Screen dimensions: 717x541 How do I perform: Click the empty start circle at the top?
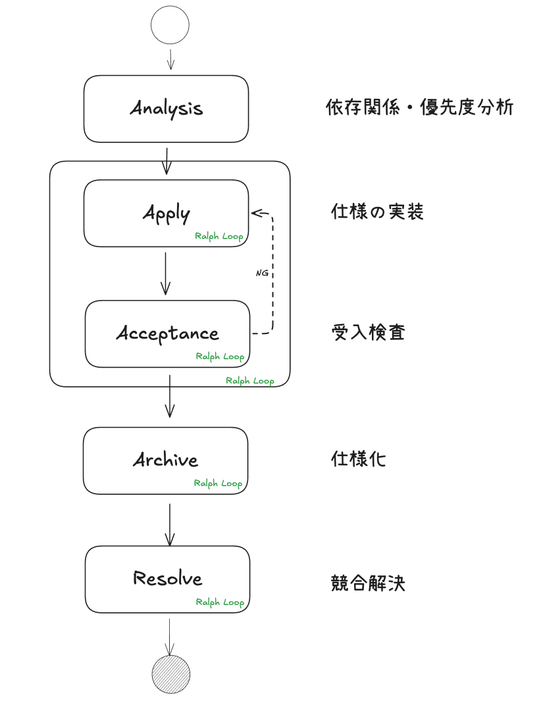[x=170, y=26]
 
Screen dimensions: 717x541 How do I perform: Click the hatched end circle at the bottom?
[x=170, y=675]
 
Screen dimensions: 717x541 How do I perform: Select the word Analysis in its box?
[x=166, y=109]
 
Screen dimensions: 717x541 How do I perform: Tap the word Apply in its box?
[x=167, y=214]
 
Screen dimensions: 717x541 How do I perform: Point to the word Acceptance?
[x=167, y=333]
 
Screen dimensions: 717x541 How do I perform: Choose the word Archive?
[x=165, y=460]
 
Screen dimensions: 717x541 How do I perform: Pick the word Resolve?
[x=167, y=579]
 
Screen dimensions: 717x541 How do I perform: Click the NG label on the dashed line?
[x=261, y=272]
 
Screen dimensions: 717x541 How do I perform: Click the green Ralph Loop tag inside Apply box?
[x=219, y=237]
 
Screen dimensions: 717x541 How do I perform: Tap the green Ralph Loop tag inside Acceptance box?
[x=220, y=357]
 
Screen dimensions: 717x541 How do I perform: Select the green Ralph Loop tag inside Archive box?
[x=218, y=483]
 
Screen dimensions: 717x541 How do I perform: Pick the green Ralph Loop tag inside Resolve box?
[x=220, y=602]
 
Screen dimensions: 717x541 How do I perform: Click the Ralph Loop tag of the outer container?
[x=249, y=381]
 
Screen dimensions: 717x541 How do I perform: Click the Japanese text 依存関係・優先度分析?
[x=419, y=107]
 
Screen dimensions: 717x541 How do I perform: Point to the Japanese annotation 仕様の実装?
[x=377, y=212]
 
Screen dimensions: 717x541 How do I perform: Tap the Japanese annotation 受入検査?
[x=368, y=332]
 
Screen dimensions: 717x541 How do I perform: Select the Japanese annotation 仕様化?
[x=358, y=459]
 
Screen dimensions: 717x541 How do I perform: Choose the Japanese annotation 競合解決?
[x=368, y=583]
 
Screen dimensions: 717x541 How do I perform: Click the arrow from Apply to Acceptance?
[x=165, y=273]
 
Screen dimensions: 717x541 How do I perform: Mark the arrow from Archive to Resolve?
[x=170, y=525]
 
